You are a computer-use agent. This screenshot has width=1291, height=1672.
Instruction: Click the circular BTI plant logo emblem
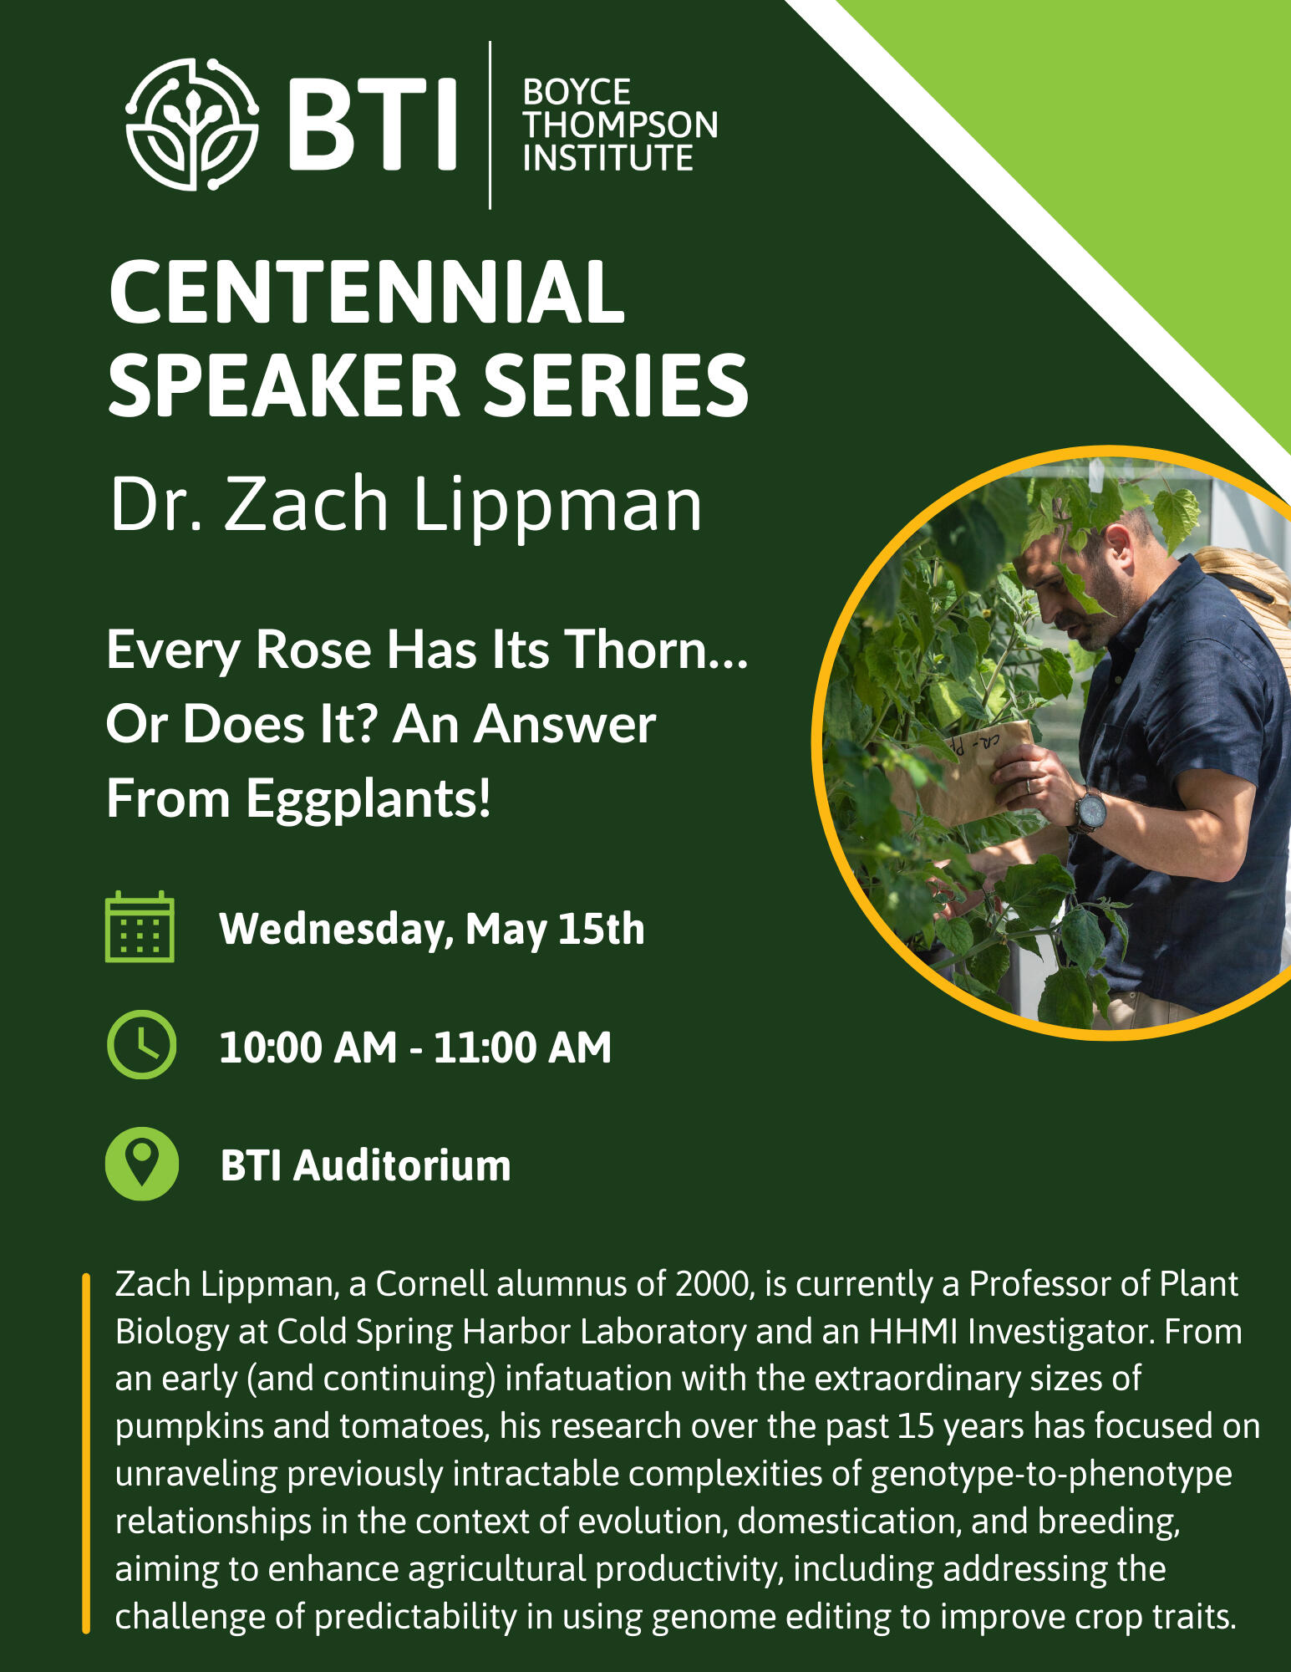pos(192,125)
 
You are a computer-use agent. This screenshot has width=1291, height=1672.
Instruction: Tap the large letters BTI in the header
pos(374,124)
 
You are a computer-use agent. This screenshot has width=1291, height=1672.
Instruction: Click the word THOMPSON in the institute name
pos(620,125)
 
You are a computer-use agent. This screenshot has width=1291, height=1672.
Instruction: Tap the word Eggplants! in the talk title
pos(368,799)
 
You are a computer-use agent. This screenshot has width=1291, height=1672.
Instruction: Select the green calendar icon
pos(140,927)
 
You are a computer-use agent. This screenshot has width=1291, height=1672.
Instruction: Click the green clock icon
pos(141,1045)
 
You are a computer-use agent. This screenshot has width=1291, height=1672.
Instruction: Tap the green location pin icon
pos(141,1164)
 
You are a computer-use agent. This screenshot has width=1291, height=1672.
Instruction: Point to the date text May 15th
pos(555,930)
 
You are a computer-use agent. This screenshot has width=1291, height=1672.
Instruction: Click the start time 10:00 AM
pos(308,1048)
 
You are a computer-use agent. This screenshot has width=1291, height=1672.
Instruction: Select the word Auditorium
pos(402,1165)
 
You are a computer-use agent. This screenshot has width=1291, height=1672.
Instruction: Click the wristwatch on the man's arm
pos(1089,810)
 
